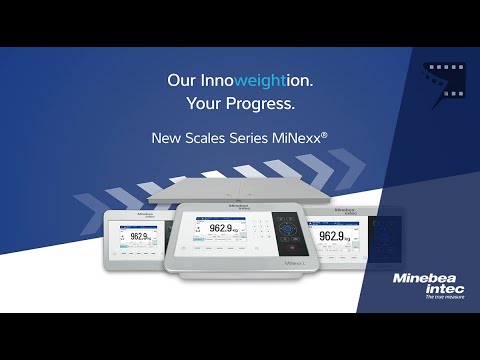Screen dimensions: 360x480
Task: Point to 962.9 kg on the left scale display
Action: pos(139,237)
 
